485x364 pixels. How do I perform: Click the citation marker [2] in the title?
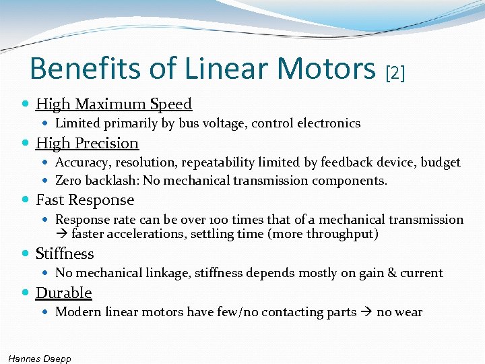[x=394, y=72]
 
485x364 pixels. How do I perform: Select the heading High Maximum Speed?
[x=114, y=104]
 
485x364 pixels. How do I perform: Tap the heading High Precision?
[x=87, y=143]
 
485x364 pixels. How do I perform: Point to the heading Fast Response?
[x=85, y=200]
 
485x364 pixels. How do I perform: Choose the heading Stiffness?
[x=65, y=253]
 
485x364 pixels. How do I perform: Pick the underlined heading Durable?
[x=63, y=293]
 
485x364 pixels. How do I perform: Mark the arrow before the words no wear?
[x=366, y=312]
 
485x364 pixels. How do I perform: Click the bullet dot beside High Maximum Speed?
[x=26, y=104]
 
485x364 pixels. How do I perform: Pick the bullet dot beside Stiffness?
[x=26, y=254]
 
